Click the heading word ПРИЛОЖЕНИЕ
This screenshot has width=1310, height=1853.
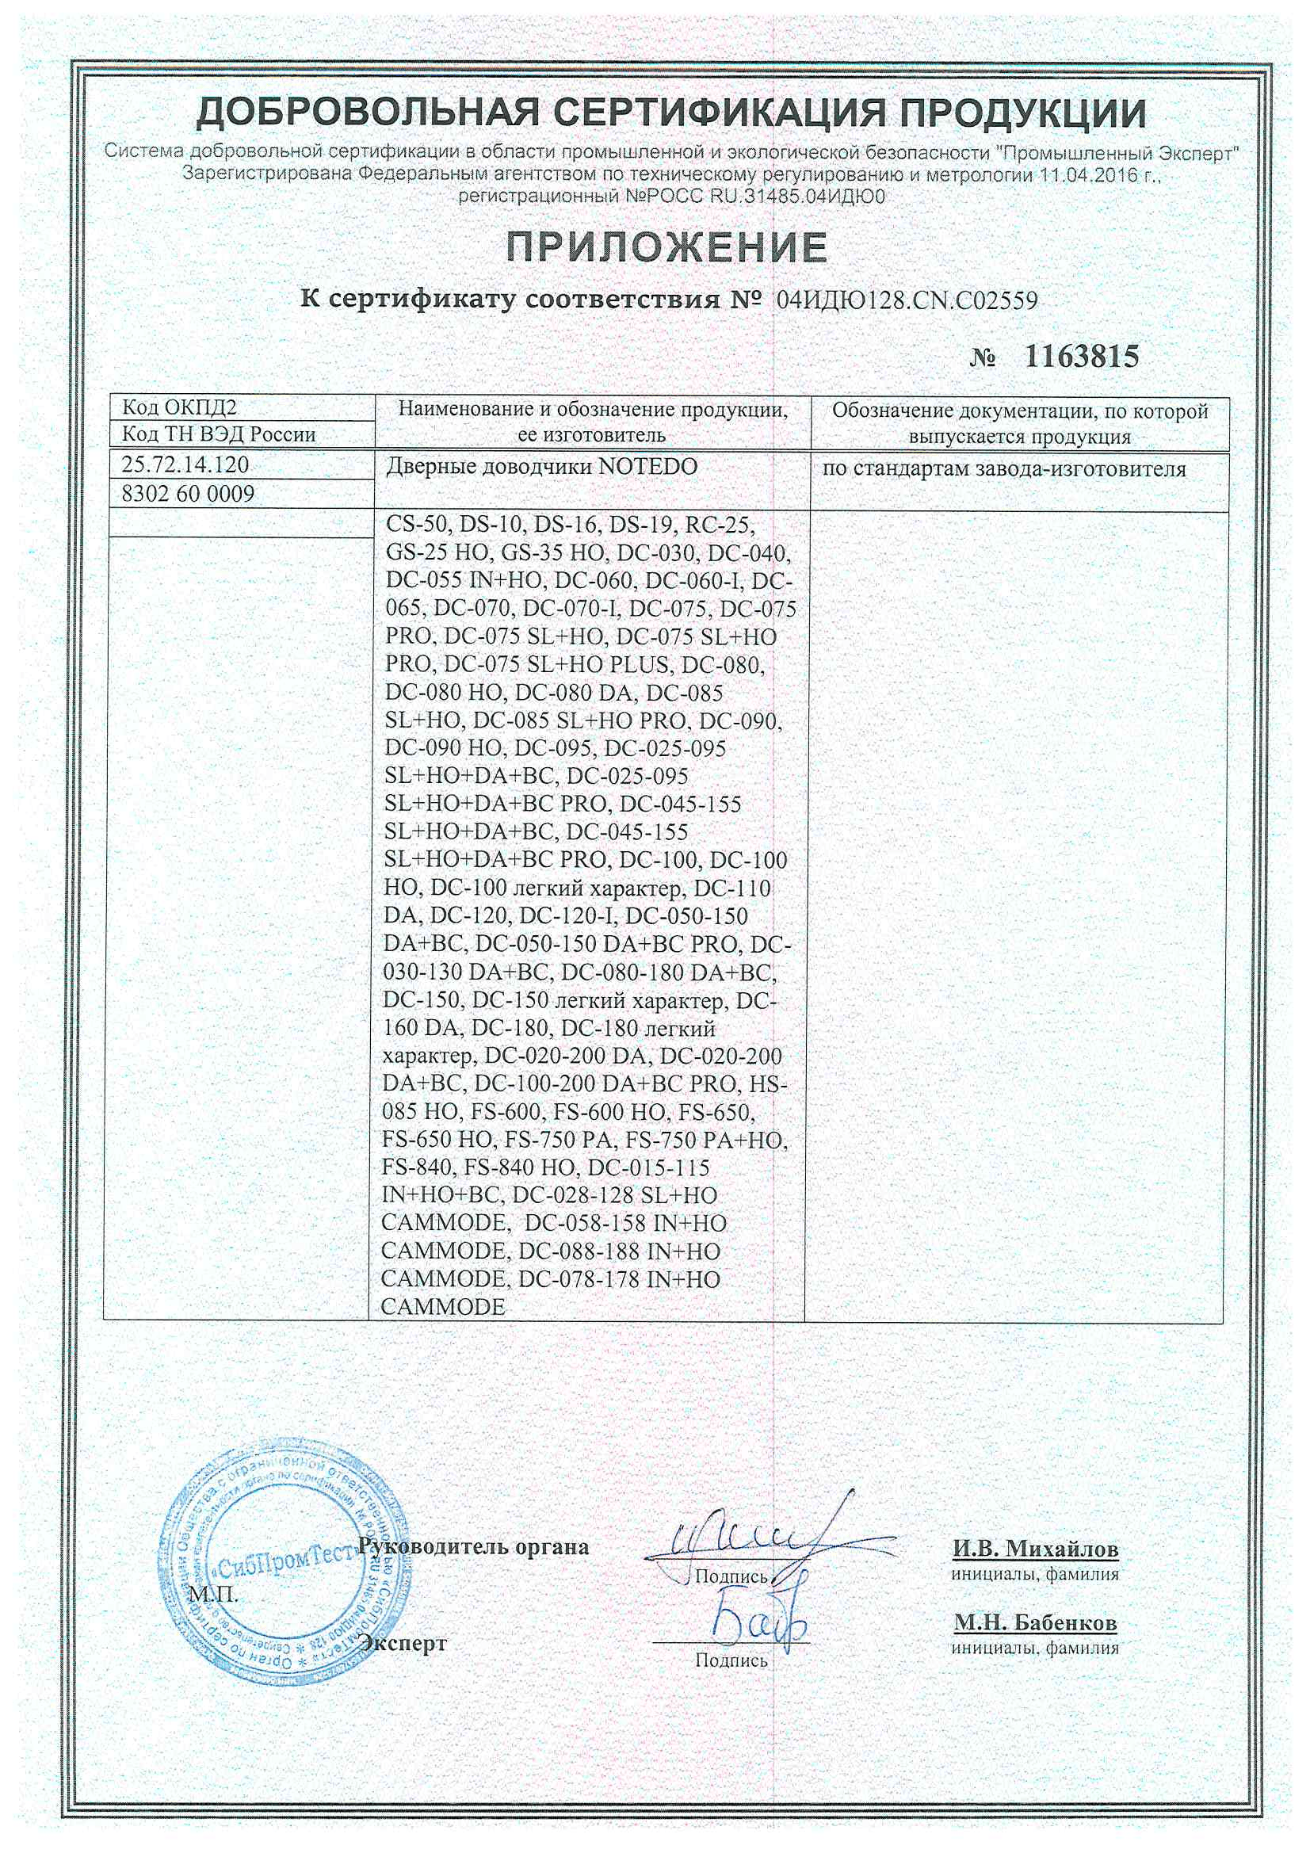tap(666, 246)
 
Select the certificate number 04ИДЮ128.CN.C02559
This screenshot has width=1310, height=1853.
tap(907, 301)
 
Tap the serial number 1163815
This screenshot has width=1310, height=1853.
tap(1082, 356)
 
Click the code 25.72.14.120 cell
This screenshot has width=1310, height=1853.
tap(185, 465)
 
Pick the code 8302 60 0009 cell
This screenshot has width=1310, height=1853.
tap(188, 493)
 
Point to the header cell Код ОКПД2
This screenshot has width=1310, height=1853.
tap(179, 407)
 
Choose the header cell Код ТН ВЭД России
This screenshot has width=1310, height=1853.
tap(218, 434)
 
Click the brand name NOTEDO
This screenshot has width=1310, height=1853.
tap(647, 467)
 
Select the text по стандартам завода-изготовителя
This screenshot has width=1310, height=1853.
tap(1004, 469)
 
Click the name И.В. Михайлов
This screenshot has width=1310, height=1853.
tap(1036, 1549)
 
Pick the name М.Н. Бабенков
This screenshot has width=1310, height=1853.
tap(1036, 1622)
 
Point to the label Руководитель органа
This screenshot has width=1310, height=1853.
tap(473, 1547)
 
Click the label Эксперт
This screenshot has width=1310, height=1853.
tap(403, 1643)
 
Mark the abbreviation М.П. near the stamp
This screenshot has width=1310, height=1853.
tap(213, 1595)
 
